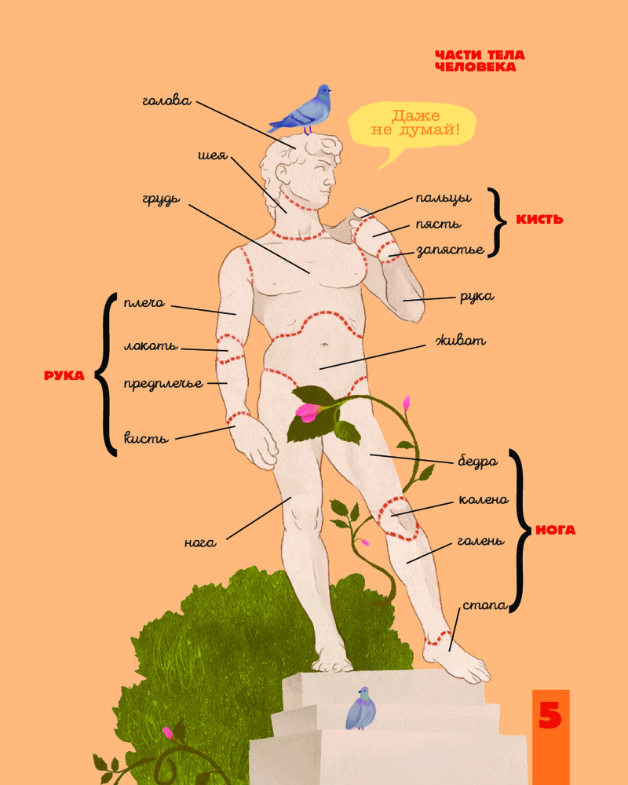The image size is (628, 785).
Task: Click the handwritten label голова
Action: coord(166,101)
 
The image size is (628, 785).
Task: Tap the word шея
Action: coord(213,155)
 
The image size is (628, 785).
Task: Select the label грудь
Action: coord(161,199)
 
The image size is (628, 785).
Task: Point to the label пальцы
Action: coord(444,199)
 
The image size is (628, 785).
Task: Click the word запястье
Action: coord(451,250)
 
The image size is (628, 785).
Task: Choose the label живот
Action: coord(461,341)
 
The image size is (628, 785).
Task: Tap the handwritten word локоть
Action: coord(150,345)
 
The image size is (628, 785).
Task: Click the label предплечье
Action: coord(163,384)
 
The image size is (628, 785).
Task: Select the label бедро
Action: coord(478,461)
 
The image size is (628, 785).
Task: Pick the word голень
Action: coord(480,541)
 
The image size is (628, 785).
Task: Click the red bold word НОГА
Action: coord(555,530)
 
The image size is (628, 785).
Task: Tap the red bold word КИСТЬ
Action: coord(539,219)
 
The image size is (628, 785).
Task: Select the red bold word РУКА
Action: coord(64,375)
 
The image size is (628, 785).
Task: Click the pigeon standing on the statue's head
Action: coord(302,110)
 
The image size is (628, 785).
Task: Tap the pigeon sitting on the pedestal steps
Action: coord(360,708)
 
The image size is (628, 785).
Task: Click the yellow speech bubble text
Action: coord(415,123)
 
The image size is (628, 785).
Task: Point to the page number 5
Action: coord(549,715)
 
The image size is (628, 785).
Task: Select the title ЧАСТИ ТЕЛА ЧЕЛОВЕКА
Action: coord(480,61)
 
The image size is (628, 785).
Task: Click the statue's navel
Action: coord(325,345)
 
